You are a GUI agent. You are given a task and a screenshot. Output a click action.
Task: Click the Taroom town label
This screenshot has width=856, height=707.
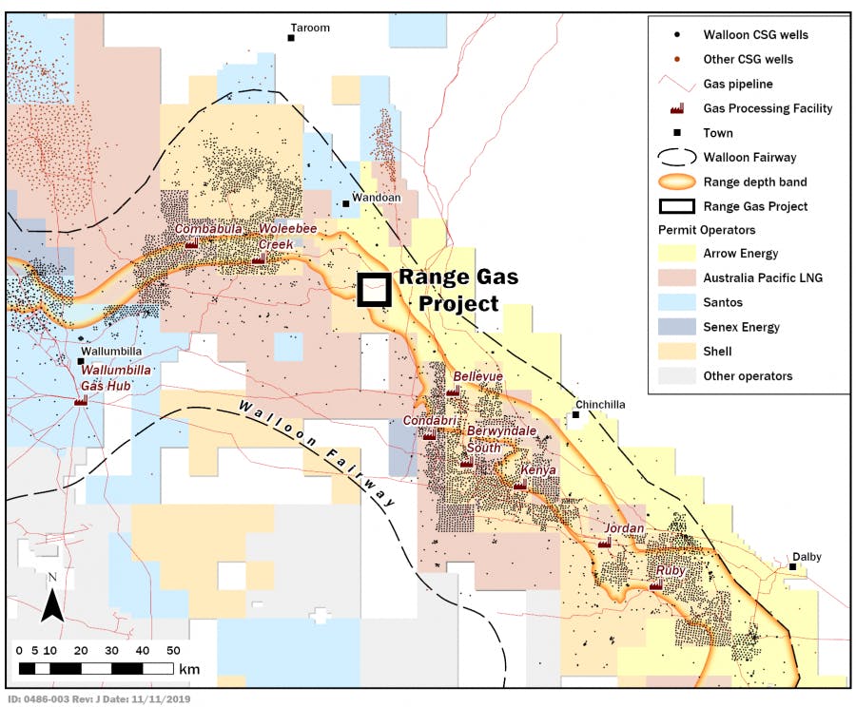pyautogui.click(x=310, y=28)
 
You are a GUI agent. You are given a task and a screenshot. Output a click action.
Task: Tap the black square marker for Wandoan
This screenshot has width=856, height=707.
pyautogui.click(x=345, y=204)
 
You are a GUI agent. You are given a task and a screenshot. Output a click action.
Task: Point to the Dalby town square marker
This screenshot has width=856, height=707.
pyautogui.click(x=792, y=567)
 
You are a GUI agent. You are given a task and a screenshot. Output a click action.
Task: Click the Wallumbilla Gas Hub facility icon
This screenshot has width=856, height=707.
pyautogui.click(x=81, y=400)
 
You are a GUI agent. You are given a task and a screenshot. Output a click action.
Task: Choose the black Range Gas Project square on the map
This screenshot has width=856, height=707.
pyautogui.click(x=374, y=290)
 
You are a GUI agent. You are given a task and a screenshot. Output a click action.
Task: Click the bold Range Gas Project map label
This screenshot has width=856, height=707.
pyautogui.click(x=457, y=290)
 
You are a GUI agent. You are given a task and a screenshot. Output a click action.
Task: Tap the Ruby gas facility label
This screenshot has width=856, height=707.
pyautogui.click(x=671, y=571)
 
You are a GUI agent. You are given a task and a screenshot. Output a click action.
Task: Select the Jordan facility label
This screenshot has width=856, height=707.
pyautogui.click(x=624, y=528)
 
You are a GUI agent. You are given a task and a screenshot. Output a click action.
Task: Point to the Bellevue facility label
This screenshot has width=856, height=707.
pyautogui.click(x=477, y=376)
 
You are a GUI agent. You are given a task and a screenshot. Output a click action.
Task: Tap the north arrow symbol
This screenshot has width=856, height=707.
pyautogui.click(x=52, y=598)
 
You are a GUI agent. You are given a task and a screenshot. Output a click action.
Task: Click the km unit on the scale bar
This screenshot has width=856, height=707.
pyautogui.click(x=188, y=669)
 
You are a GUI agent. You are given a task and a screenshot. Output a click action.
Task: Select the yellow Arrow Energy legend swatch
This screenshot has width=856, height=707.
pyautogui.click(x=676, y=254)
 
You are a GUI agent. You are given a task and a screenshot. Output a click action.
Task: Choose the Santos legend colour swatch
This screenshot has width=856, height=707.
pyautogui.click(x=676, y=303)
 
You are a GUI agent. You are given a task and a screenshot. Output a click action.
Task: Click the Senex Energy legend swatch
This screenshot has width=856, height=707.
pyautogui.click(x=676, y=327)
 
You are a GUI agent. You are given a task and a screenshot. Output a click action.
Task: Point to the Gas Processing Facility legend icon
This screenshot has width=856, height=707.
pyautogui.click(x=676, y=108)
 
